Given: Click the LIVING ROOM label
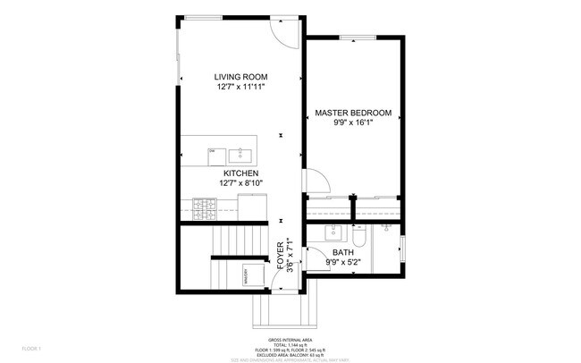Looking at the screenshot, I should pyautogui.click(x=240, y=76).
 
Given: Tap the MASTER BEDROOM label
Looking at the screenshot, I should pyautogui.click(x=353, y=113).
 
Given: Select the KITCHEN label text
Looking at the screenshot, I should pyautogui.click(x=240, y=173).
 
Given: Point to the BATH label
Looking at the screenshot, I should pyautogui.click(x=343, y=253).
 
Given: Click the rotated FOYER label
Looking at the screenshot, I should pyautogui.click(x=280, y=256).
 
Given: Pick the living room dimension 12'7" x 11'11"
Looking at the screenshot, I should pyautogui.click(x=240, y=87).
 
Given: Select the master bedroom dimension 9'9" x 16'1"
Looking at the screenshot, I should pyautogui.click(x=353, y=123).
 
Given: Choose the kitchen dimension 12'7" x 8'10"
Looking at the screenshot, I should pyautogui.click(x=240, y=183).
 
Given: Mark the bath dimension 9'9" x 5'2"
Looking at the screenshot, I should pyautogui.click(x=343, y=263).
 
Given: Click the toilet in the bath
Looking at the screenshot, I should pyautogui.click(x=358, y=236).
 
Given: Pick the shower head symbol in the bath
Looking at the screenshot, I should pyautogui.click(x=386, y=229).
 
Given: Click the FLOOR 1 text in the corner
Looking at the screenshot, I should pyautogui.click(x=32, y=348).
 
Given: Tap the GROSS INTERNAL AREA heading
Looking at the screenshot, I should pyautogui.click(x=290, y=341).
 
